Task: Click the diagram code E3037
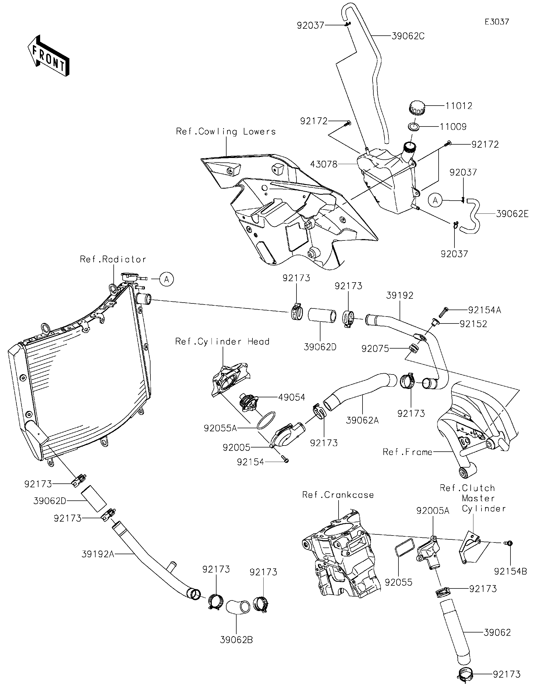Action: (x=497, y=21)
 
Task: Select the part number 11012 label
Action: (x=459, y=106)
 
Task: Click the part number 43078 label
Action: (x=324, y=164)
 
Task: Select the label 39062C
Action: (x=408, y=36)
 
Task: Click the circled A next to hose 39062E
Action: (x=435, y=200)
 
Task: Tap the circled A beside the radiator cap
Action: (x=167, y=279)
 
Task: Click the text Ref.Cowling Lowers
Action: (x=226, y=131)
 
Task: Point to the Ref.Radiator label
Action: (x=113, y=259)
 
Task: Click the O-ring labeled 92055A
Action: (x=266, y=420)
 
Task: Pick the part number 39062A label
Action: (x=362, y=420)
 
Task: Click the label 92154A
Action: (x=484, y=310)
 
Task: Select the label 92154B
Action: (x=510, y=571)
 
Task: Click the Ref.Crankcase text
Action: (x=338, y=495)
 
